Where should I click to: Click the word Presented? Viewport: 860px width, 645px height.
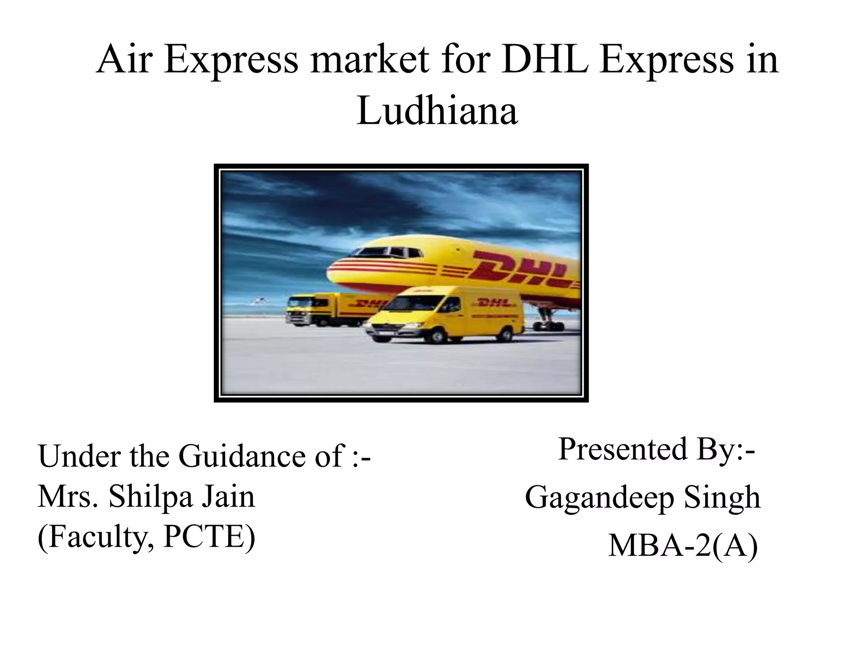coord(621,449)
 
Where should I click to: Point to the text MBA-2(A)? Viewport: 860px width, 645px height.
coord(683,546)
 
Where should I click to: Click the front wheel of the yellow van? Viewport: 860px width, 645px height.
coord(437,336)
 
